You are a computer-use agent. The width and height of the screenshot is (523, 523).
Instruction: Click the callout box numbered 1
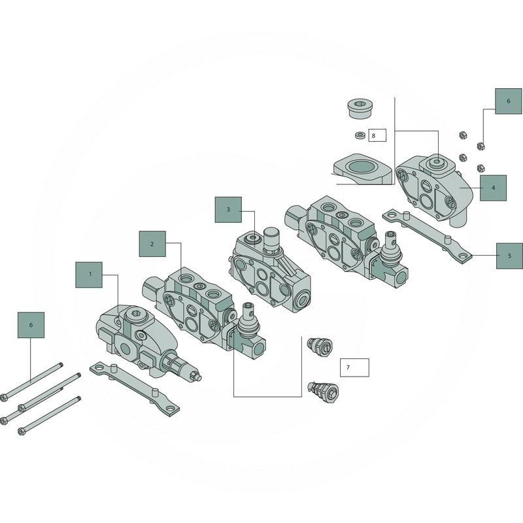[x=89, y=275]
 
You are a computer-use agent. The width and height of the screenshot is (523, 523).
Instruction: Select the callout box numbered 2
[x=152, y=244]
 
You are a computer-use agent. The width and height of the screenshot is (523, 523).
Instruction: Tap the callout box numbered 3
[x=228, y=210]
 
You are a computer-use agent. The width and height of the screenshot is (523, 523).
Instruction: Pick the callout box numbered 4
[x=494, y=188]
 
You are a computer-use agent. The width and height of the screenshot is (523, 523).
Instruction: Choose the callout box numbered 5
[x=509, y=256]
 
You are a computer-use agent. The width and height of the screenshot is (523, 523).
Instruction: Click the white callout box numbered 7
[x=354, y=367]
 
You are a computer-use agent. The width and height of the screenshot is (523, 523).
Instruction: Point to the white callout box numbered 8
[x=377, y=135]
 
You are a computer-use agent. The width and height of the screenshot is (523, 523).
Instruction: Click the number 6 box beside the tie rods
[x=31, y=325]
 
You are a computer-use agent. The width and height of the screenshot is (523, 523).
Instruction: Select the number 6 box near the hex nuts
[x=509, y=101]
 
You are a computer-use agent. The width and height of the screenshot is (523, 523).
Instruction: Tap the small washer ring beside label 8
[x=360, y=135]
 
